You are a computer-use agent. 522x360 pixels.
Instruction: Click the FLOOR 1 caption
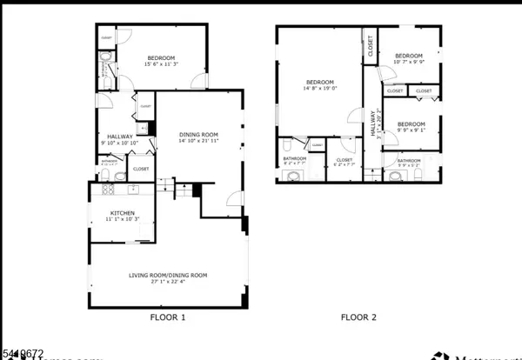click(168, 318)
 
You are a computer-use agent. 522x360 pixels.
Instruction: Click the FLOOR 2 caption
click(358, 318)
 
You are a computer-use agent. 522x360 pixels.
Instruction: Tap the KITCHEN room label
click(122, 213)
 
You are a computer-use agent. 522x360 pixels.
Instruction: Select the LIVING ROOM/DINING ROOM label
click(169, 276)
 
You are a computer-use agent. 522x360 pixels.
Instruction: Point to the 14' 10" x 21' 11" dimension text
click(199, 141)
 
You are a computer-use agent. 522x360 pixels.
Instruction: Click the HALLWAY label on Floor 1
click(120, 137)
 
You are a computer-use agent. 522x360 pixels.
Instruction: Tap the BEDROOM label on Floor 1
click(161, 57)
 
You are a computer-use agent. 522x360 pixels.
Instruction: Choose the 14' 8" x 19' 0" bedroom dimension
click(319, 88)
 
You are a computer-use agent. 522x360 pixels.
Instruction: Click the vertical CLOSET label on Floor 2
click(370, 45)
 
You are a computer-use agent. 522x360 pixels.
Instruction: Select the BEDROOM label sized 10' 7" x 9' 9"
click(408, 56)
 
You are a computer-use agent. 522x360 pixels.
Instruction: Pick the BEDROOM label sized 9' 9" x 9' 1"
click(411, 124)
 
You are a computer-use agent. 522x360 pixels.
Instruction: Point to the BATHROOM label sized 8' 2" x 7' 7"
click(294, 158)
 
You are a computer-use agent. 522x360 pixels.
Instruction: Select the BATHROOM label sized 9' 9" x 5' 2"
click(409, 160)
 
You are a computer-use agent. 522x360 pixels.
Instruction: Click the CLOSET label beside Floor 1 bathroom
click(141, 169)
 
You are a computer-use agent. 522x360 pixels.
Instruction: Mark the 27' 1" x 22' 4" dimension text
click(169, 283)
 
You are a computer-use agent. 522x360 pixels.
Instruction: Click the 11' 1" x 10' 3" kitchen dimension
click(122, 220)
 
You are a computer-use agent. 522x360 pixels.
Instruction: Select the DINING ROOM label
click(198, 134)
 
